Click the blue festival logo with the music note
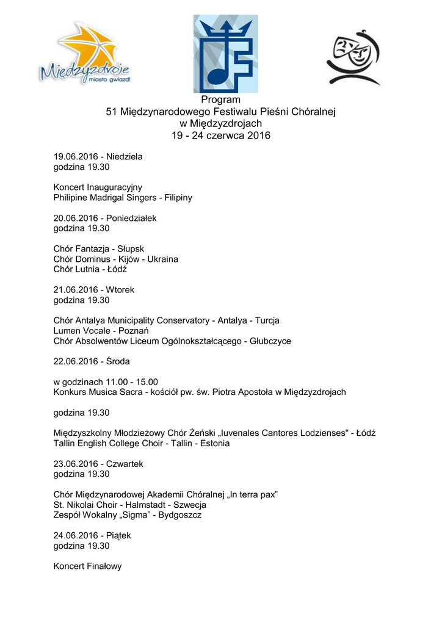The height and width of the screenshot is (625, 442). pos(225,54)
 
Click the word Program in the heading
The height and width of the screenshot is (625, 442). pos(220,99)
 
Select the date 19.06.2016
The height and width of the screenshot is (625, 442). pos(76,157)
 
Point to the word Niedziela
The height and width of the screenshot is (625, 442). pos(124,157)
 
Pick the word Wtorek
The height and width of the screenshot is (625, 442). pos(120,290)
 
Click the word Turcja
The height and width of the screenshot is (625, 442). pos(267,320)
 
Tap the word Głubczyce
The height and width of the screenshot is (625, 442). pos(270,341)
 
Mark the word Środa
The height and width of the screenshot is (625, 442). pos(118,361)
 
